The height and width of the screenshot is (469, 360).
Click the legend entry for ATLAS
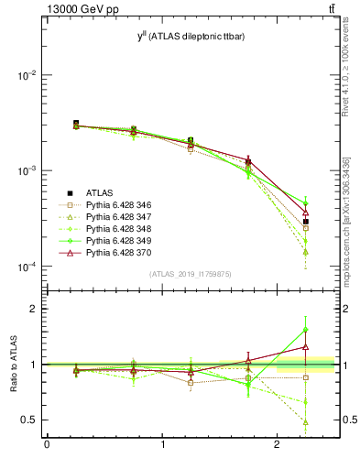tap(98, 192)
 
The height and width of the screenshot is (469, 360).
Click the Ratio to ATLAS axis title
tap(15, 365)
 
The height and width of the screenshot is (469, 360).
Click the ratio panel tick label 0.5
tap(30, 420)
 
